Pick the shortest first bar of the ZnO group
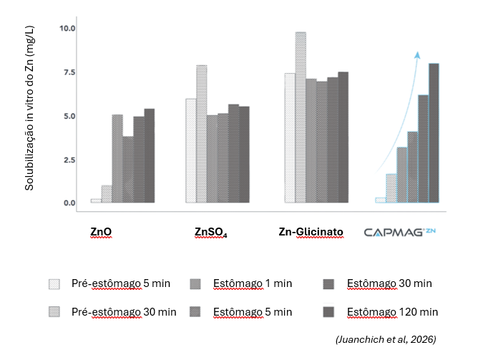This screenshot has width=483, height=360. point(95,200)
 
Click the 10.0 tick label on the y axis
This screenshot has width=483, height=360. point(67,29)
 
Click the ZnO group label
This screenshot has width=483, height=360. point(101,232)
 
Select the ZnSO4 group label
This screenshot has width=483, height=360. point(210,232)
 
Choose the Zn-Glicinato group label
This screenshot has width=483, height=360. point(311,232)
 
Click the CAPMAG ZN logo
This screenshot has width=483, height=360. point(399,232)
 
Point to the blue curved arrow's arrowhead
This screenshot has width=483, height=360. point(417,54)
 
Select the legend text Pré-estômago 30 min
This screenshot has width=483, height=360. point(124,312)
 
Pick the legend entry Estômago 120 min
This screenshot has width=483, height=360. point(392,312)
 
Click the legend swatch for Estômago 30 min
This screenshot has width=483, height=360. point(330,283)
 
